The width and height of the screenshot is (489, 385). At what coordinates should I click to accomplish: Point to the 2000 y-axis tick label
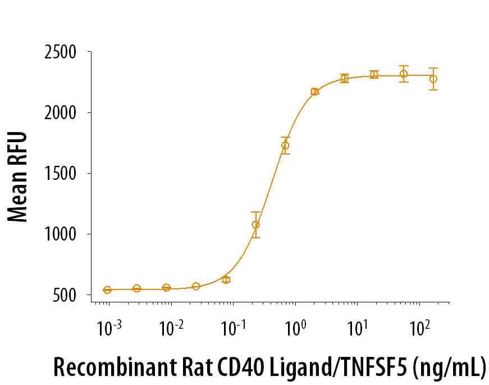coord(60,113)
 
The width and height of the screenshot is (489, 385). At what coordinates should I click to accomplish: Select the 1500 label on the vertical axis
coord(61,174)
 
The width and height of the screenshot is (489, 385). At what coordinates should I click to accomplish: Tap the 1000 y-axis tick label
coord(61,234)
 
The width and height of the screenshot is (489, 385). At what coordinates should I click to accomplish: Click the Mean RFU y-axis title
coord(18,176)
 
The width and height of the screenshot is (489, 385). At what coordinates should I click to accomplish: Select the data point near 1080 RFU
coord(256,225)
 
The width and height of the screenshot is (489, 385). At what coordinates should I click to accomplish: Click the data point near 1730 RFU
coord(285,146)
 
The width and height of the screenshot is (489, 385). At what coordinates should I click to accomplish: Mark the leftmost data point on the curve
coord(107,289)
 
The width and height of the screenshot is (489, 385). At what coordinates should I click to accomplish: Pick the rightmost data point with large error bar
coord(433,79)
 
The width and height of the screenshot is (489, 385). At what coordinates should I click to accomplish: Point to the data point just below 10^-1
coord(226,279)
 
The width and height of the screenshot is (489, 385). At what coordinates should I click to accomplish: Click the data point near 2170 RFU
coord(315,92)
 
